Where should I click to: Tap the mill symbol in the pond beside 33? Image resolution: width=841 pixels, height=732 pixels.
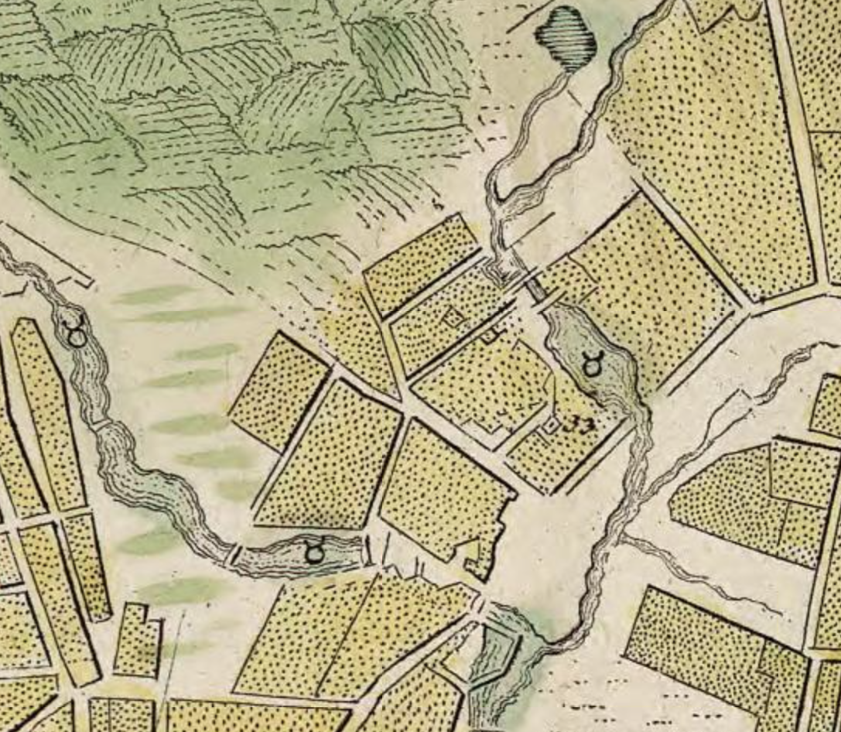(x=592, y=364)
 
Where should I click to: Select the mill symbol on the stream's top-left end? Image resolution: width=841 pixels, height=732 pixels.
(x=77, y=335)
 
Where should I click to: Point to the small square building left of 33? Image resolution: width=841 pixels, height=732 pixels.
(x=551, y=425)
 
